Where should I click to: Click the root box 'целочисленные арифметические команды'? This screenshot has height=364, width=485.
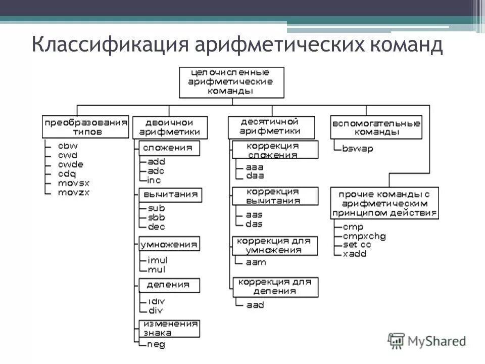pos(231,81)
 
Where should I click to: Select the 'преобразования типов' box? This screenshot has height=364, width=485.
pos(85,126)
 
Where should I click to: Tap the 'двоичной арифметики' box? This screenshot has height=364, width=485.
pos(169,127)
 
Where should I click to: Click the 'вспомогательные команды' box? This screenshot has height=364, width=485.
pos(376,127)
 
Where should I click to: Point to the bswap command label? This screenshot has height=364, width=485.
pos(357,149)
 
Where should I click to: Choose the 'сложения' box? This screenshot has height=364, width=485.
pos(167,148)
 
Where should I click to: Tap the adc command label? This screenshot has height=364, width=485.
pos(156,171)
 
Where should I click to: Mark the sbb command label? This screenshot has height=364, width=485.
pos(156,217)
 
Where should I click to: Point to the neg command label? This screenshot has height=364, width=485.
pos(156,345)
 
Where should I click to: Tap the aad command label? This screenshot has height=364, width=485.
pos(255,305)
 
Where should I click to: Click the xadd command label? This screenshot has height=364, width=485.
pos(354,254)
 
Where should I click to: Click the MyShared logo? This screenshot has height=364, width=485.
pos(427,341)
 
